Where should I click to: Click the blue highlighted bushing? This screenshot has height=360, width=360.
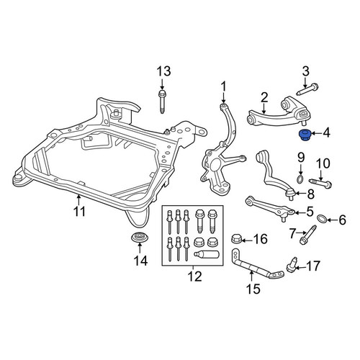305,135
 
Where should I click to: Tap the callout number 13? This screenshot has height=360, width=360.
164,71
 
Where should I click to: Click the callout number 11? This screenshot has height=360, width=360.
79,212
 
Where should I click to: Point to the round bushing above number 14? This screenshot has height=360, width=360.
139,238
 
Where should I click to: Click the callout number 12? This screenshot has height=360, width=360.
194,276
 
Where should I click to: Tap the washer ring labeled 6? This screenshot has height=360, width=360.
322,219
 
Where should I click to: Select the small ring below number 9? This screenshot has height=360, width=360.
300,179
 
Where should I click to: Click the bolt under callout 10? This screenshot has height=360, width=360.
320,184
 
